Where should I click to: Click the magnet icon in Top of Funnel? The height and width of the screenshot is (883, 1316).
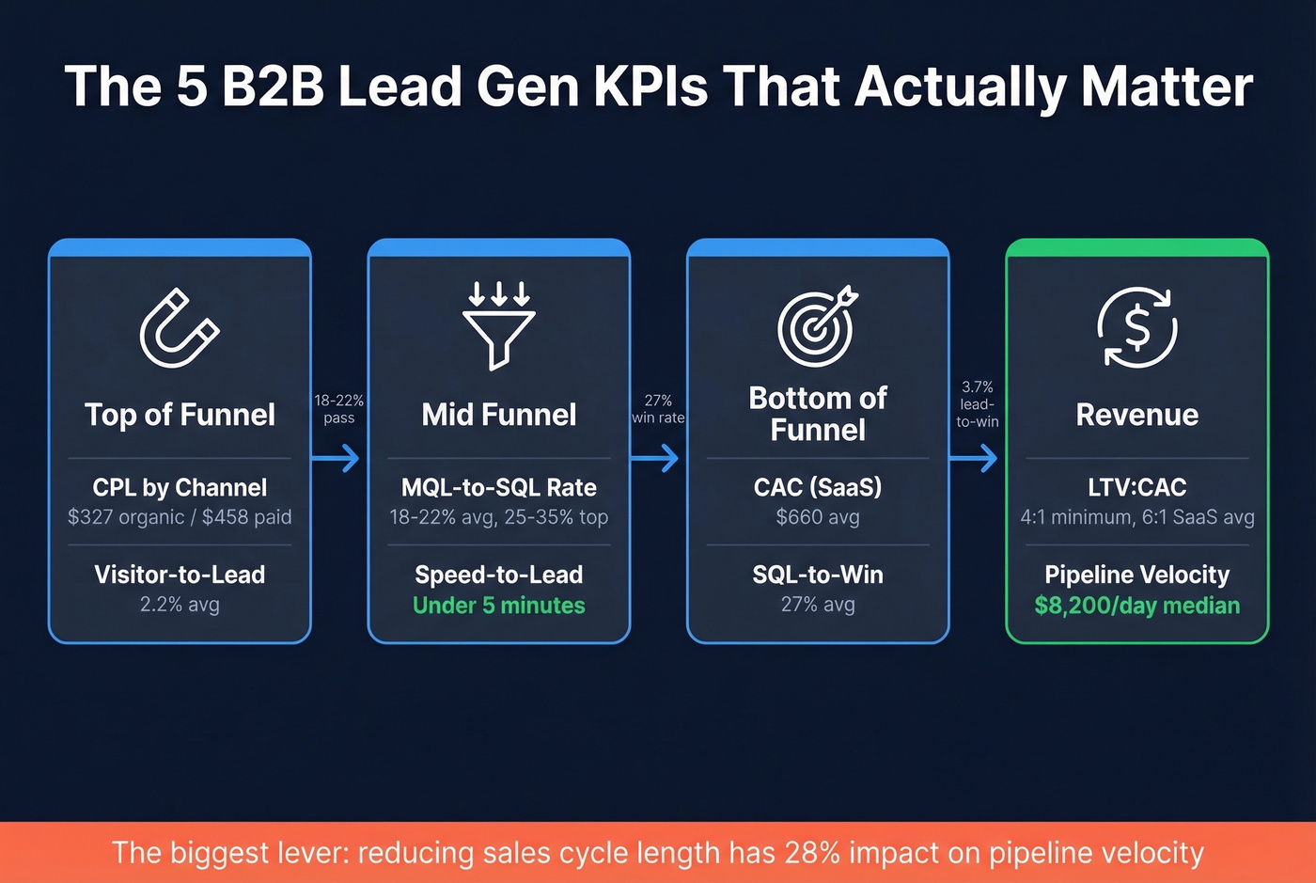(179, 327)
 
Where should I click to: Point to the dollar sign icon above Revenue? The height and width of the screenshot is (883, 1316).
(1136, 327)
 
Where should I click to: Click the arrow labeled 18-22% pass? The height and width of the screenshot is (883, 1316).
(336, 458)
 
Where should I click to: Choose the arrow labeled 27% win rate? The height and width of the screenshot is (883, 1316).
(655, 458)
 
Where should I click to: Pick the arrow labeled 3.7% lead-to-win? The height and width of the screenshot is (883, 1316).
(974, 458)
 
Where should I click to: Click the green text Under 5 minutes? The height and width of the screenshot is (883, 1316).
(498, 606)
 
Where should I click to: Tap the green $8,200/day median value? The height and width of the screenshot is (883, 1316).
(1136, 606)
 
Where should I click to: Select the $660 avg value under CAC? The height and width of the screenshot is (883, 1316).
(818, 517)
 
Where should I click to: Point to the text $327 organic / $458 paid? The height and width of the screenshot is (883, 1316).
(180, 517)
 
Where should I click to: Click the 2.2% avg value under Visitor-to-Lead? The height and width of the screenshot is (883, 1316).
(180, 605)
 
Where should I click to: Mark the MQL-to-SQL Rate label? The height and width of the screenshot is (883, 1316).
(498, 487)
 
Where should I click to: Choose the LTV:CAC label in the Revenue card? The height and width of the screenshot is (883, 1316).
(1136, 487)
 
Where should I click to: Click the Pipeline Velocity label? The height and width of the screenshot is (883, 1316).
(1136, 575)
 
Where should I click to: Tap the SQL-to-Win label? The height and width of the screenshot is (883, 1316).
(818, 575)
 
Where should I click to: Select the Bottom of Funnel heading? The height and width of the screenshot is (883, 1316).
(818, 414)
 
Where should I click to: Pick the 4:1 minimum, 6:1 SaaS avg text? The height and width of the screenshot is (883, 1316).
(1136, 517)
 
